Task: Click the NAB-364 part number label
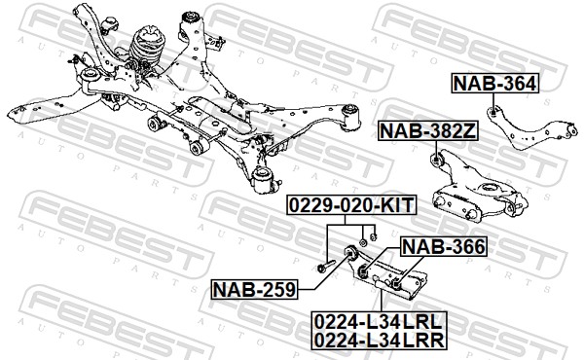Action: (x=495, y=84)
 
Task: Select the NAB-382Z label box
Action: (x=427, y=130)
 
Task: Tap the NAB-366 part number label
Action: (x=443, y=246)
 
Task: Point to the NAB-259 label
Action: (x=255, y=289)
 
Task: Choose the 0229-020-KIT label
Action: (x=351, y=204)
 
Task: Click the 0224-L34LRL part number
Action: (x=378, y=321)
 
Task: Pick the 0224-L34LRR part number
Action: (x=380, y=340)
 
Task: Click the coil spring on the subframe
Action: (x=146, y=47)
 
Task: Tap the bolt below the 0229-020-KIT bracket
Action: (x=325, y=267)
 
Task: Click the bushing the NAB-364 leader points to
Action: (x=493, y=111)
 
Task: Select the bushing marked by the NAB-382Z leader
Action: (x=435, y=160)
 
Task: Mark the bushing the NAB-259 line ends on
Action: (x=350, y=252)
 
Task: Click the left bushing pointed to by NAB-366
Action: (x=363, y=271)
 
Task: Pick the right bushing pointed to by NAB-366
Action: (x=396, y=285)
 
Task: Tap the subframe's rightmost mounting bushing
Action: (x=350, y=117)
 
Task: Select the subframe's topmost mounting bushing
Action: (x=191, y=19)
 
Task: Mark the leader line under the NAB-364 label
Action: (x=493, y=100)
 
